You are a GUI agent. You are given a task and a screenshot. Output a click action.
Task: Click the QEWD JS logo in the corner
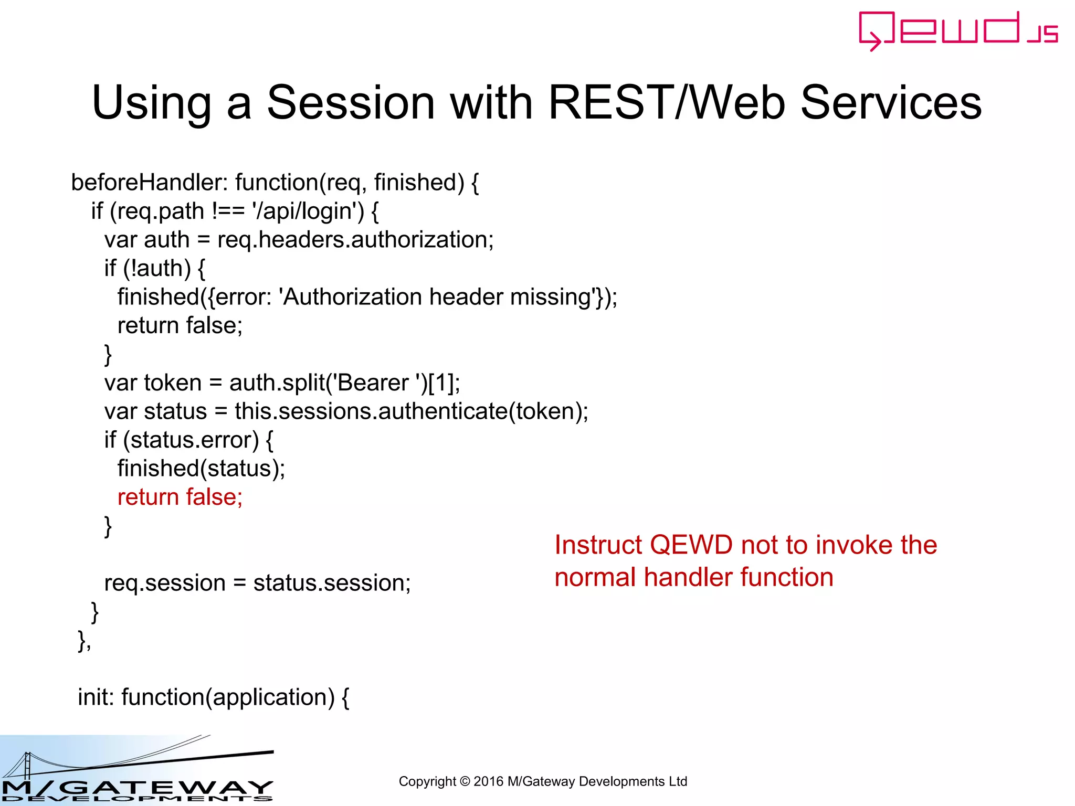pos(958,30)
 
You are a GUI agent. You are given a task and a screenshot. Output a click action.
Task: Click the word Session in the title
pos(351,102)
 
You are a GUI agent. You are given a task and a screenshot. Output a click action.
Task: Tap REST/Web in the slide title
pos(667,102)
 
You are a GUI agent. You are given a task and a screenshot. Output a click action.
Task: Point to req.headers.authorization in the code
pos(355,240)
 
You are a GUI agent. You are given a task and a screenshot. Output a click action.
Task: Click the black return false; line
pos(180,326)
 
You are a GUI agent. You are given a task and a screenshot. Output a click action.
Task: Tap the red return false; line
pos(180,497)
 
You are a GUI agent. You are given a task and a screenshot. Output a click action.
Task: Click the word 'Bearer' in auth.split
pos(372,383)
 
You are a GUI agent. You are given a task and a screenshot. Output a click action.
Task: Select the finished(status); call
pos(201,469)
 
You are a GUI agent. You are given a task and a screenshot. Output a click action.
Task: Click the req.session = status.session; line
pos(257,583)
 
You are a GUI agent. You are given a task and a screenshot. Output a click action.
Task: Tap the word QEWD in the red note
pos(691,545)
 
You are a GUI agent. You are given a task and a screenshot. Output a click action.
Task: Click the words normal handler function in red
pos(693,578)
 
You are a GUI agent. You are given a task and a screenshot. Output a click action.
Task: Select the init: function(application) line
pos(213,697)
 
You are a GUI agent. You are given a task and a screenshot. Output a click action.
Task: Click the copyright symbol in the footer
pos(465,782)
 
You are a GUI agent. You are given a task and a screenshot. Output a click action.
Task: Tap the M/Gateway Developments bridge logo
pos(136,771)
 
